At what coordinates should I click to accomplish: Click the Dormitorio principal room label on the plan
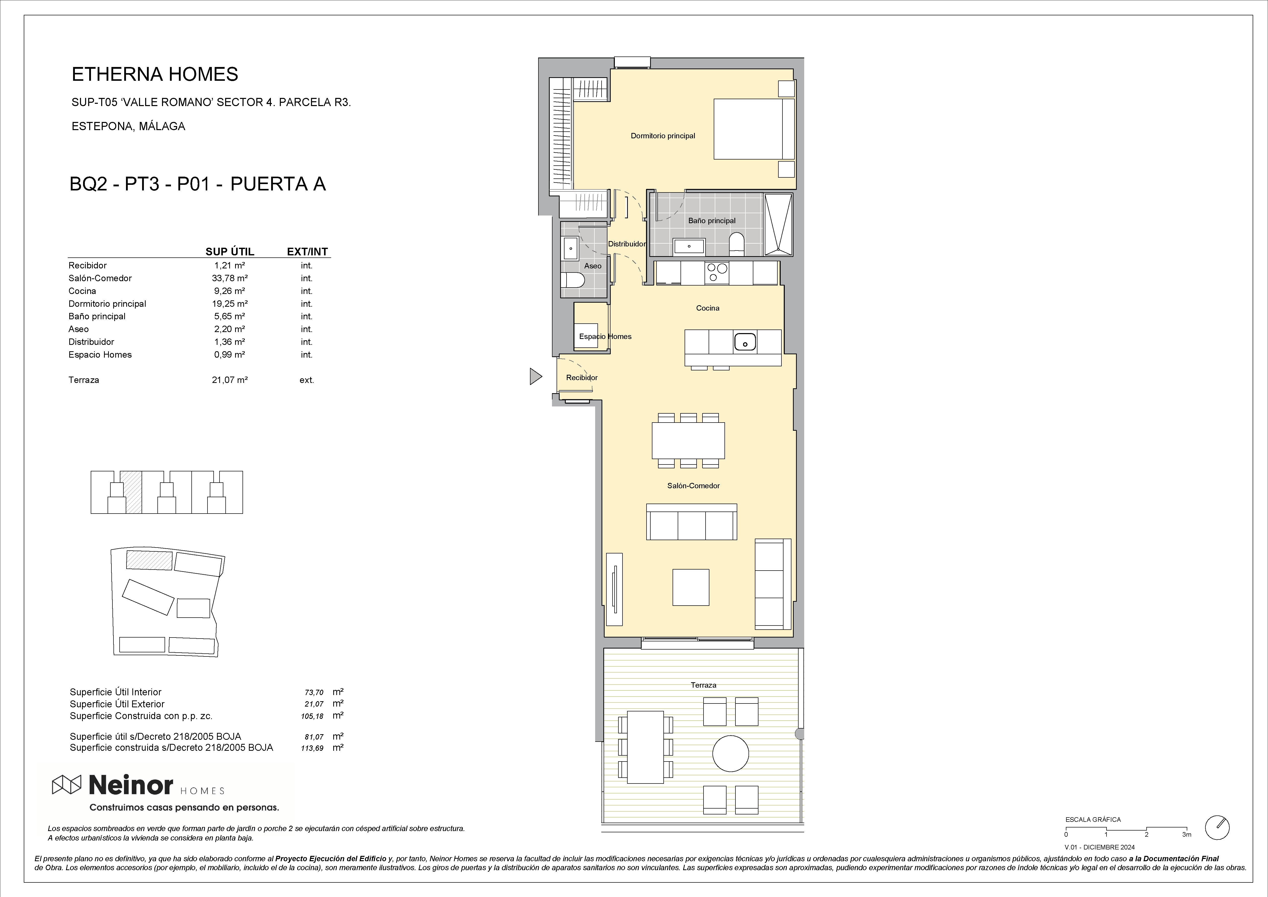663,136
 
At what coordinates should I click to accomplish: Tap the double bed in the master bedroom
754,129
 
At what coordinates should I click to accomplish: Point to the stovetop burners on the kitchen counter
716,273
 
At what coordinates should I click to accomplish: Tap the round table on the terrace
731,753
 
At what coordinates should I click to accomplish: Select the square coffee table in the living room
690,587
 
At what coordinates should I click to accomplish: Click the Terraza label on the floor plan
703,685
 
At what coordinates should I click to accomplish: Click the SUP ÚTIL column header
230,252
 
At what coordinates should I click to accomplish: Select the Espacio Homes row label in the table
100,355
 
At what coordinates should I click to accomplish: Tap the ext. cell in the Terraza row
306,380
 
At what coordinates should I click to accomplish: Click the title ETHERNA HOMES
155,74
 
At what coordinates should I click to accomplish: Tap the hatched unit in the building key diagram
131,492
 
